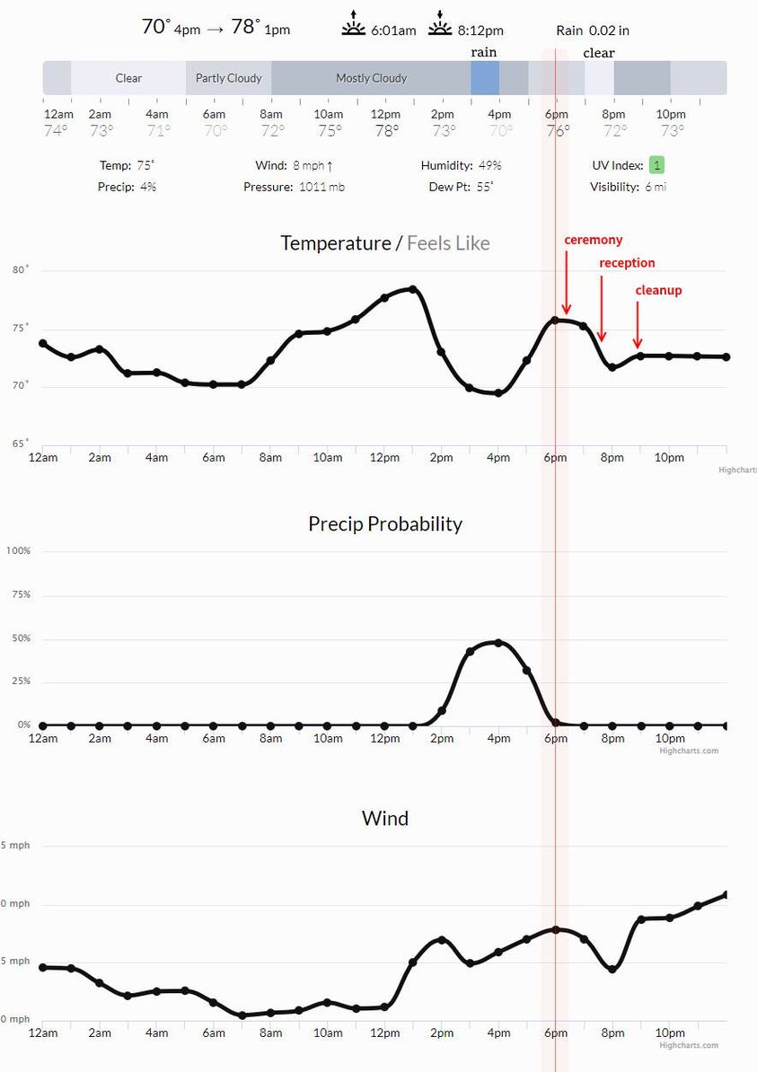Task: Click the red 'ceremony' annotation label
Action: [593, 240]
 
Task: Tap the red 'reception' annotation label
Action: [627, 263]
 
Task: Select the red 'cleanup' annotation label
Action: [658, 290]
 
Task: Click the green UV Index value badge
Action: [656, 165]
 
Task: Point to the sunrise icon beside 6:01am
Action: [354, 25]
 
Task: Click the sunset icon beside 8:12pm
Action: [440, 25]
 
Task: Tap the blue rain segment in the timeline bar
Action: [484, 78]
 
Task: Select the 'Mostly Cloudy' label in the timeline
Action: [371, 78]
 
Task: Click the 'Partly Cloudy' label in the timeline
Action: [228, 78]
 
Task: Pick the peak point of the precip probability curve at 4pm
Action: [498, 643]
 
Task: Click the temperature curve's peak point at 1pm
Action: [412, 289]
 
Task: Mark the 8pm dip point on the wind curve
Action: [612, 969]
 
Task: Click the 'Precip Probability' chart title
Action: [384, 523]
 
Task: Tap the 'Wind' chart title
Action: [384, 818]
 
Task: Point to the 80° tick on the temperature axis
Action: [21, 269]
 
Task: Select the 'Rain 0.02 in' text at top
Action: [592, 31]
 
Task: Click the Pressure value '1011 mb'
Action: [321, 187]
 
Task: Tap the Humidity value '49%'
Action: [489, 165]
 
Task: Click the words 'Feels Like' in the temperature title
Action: [448, 242]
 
